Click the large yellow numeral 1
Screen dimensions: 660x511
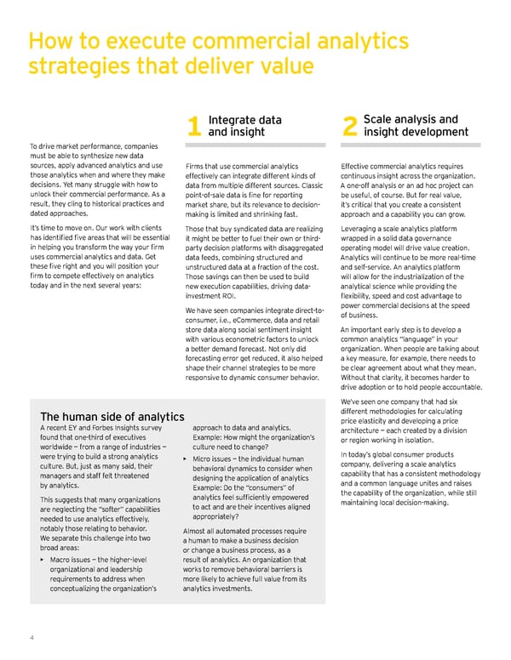[194, 127]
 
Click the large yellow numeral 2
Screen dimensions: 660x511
[348, 127]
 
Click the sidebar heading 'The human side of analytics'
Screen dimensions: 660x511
[112, 416]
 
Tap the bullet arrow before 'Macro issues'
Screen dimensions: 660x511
[43, 561]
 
